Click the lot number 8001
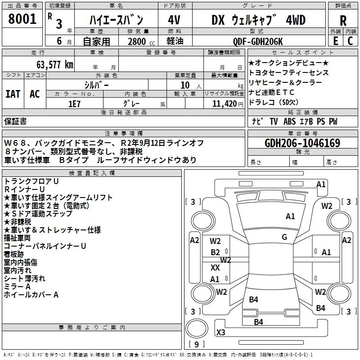(22, 19)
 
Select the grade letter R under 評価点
(343, 21)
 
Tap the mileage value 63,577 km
(55, 65)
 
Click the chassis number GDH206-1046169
(302, 143)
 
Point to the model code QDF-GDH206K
(258, 41)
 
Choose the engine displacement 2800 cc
(141, 41)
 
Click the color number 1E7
(74, 104)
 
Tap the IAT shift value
(13, 94)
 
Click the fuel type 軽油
(175, 41)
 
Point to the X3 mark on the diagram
(220, 332)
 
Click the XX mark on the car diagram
(215, 267)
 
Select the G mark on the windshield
(284, 237)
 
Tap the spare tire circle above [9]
(197, 328)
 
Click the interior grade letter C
(350, 41)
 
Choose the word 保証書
(15, 121)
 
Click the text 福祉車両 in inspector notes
(17, 238)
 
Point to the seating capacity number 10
(185, 85)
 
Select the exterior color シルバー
(96, 85)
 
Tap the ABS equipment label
(289, 121)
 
